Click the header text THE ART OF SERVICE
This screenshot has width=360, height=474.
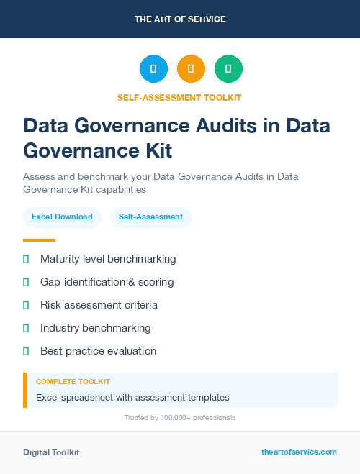click(180, 19)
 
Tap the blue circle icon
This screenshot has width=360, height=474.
click(153, 69)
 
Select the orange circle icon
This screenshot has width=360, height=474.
click(191, 69)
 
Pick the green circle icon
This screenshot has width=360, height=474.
click(228, 69)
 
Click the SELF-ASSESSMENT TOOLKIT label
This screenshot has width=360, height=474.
click(180, 97)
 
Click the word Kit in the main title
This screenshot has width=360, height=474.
click(156, 151)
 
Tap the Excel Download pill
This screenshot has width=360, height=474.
click(62, 217)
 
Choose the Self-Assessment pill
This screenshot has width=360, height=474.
click(150, 217)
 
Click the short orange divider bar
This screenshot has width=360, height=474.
click(39, 240)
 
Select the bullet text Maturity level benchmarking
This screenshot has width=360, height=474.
click(108, 259)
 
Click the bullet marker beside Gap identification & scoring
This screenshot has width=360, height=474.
click(26, 282)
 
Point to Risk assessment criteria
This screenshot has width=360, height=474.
click(99, 305)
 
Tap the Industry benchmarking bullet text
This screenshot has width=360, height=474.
click(96, 328)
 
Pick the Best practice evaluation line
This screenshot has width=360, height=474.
click(98, 351)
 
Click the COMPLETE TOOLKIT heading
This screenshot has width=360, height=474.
click(73, 381)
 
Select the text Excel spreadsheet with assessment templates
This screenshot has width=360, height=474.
click(132, 397)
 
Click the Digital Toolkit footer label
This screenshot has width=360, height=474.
click(51, 452)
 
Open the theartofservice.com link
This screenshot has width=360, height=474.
click(299, 452)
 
